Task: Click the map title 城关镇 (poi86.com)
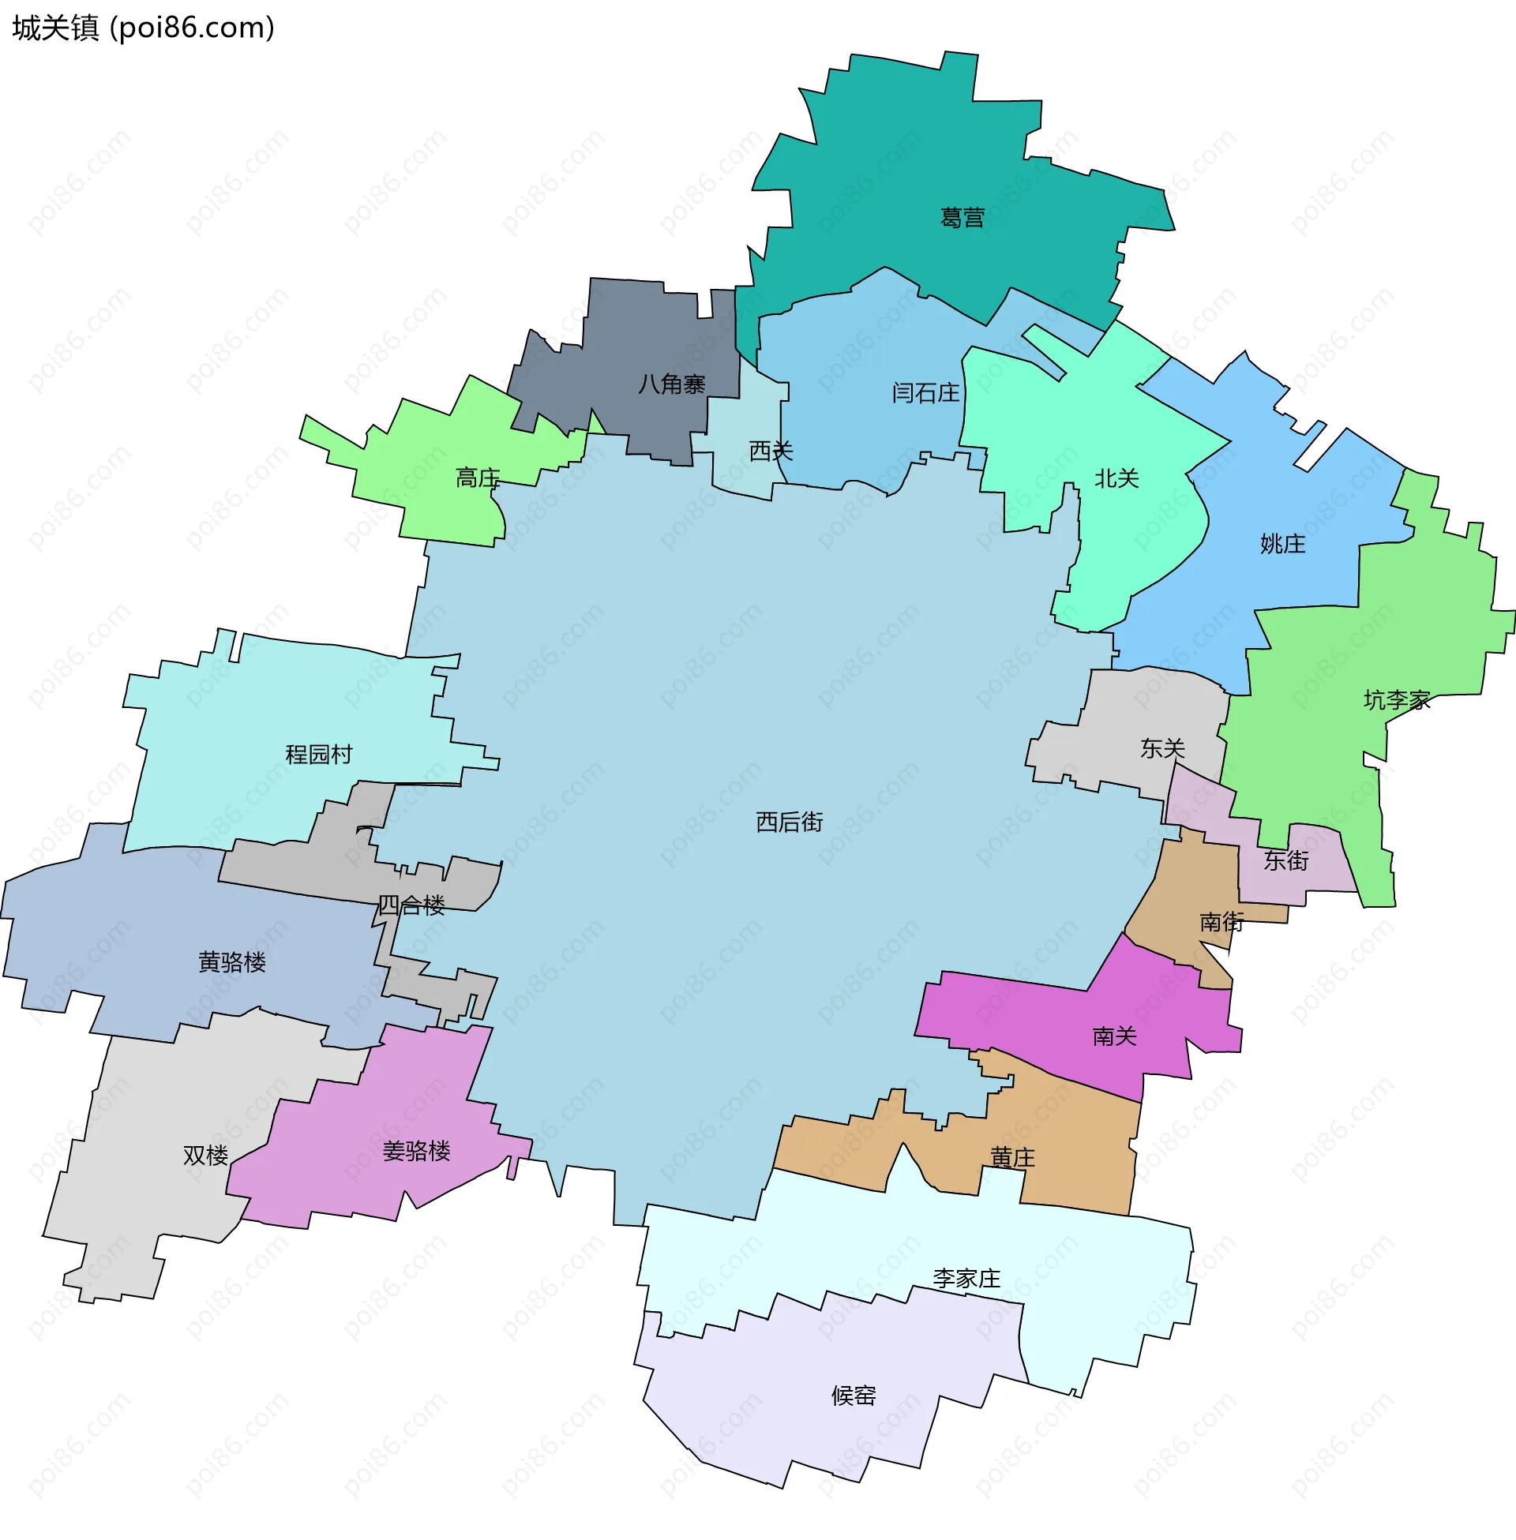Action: point(144,28)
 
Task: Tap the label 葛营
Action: point(962,217)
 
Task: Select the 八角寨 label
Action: point(671,384)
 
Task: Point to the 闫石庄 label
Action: point(925,392)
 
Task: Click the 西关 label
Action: point(771,452)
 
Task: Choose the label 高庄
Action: point(477,478)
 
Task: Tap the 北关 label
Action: point(1116,478)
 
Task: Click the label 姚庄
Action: point(1282,544)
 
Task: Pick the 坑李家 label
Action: point(1396,699)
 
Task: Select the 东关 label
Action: point(1161,748)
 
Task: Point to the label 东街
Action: point(1286,860)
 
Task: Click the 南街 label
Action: point(1221,922)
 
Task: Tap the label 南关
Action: point(1114,1036)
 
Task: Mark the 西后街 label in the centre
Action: point(789,822)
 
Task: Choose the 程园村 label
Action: point(318,754)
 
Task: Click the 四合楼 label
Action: point(411,905)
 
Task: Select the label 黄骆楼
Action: point(231,962)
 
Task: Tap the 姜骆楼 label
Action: point(416,1151)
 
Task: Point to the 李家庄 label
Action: point(966,1278)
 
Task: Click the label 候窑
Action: point(853,1395)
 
